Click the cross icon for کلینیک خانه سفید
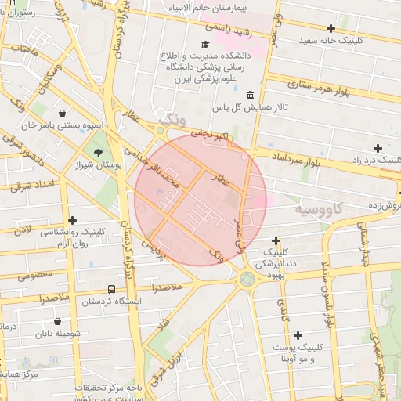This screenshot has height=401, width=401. [332, 28]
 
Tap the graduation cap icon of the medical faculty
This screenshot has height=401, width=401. [205, 45]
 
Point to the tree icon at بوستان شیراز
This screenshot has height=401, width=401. [98, 153]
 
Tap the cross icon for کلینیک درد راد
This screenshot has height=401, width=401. [378, 148]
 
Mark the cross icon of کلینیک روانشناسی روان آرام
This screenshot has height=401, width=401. [73, 221]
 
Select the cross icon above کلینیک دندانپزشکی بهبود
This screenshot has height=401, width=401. [276, 240]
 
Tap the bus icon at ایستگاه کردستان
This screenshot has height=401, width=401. [111, 288]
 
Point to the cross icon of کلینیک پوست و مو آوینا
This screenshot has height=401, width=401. [298, 334]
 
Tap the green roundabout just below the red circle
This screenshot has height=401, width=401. [247, 278]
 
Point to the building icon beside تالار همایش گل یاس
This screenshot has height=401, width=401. [250, 95]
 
